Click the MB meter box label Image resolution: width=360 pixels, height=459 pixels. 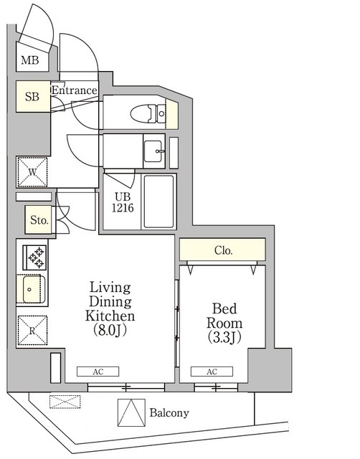point(29,60)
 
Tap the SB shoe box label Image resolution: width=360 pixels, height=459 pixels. point(32,97)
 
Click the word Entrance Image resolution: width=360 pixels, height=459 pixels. point(74,90)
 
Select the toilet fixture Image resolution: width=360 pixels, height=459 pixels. point(151,113)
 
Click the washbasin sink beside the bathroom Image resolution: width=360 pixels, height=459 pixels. point(153,151)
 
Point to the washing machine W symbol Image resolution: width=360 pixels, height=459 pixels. point(32,172)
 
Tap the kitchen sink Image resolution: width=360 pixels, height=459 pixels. point(32,290)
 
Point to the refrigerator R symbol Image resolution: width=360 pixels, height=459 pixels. point(32,331)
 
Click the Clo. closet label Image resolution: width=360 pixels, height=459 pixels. point(223,250)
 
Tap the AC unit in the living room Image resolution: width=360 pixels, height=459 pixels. point(98,372)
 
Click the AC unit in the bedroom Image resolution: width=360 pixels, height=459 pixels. point(212,372)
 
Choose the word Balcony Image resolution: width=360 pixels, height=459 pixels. point(169,413)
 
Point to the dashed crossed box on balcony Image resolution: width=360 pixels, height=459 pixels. point(61,402)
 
